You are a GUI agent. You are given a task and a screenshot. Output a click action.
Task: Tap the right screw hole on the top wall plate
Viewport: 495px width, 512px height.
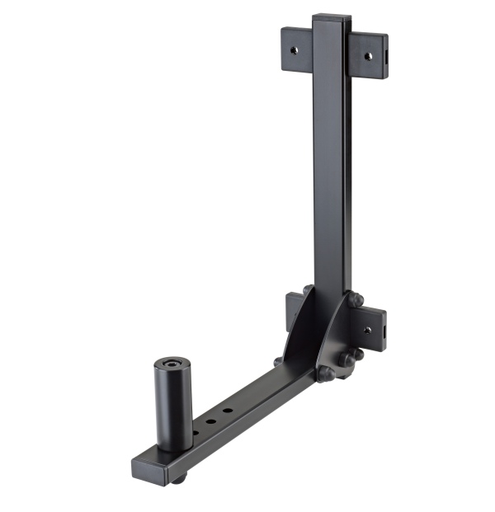coord(369,55)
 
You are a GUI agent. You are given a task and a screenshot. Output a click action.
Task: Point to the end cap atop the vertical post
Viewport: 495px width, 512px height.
coord(331,16)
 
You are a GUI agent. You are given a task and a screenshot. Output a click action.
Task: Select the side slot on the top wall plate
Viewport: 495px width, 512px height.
coord(385,58)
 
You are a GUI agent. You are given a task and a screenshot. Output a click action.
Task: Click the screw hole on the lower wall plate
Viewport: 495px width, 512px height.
coord(368,329)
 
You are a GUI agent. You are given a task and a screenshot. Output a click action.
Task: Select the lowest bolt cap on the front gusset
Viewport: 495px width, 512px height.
coord(326,373)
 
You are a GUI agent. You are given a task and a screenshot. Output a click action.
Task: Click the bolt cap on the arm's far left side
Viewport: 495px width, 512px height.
coord(279,361)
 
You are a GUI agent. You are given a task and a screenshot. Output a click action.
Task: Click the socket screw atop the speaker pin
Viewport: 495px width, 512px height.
coord(172,364)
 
